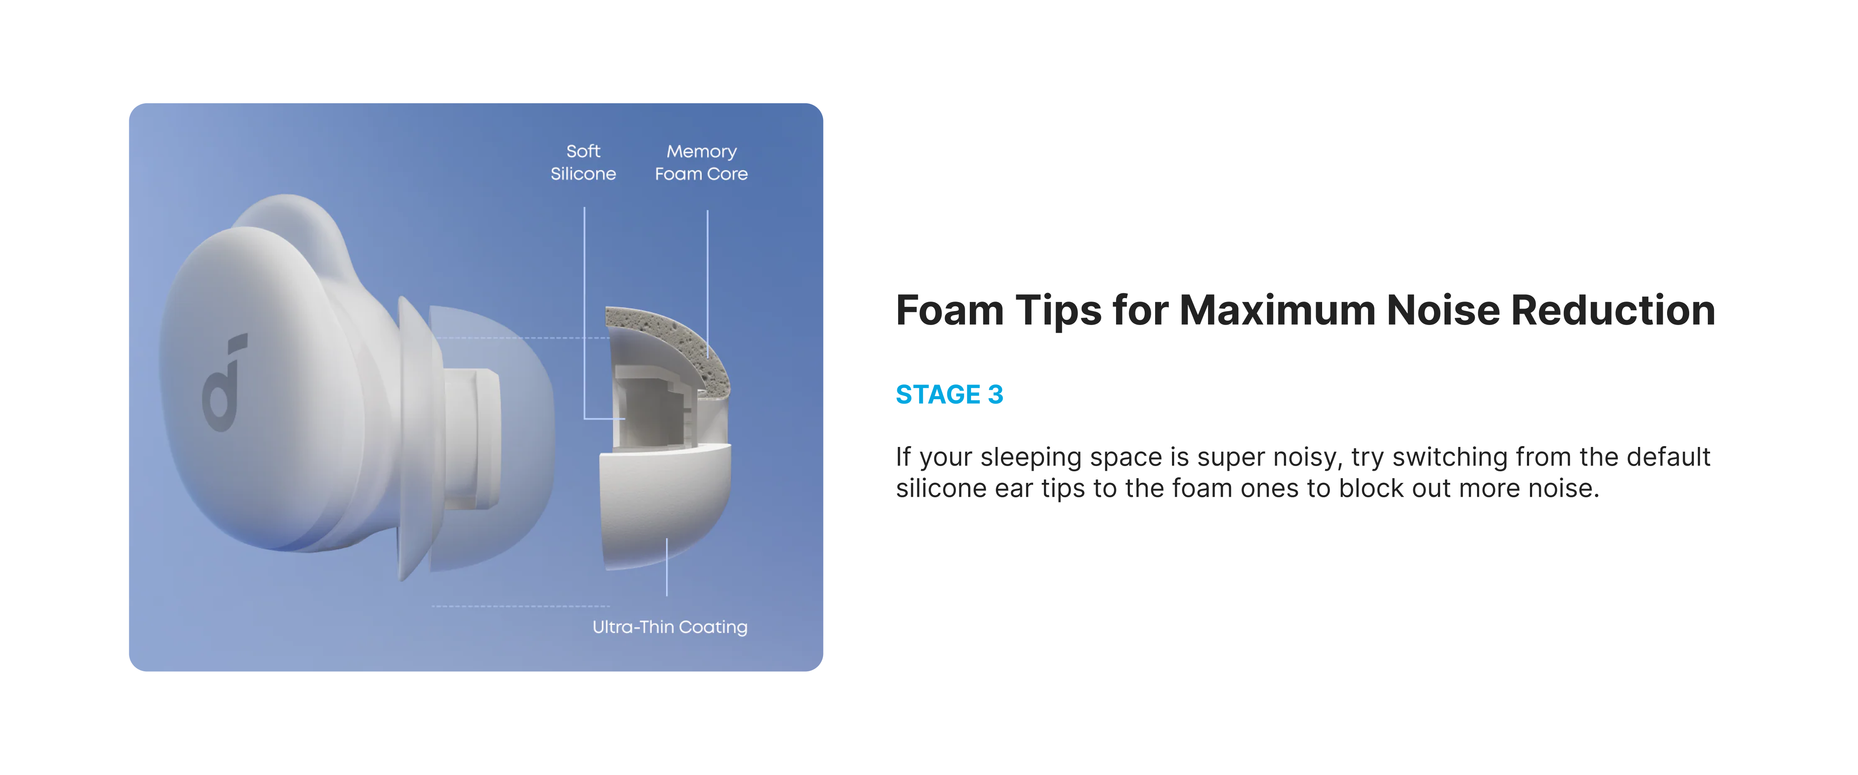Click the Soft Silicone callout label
(x=583, y=162)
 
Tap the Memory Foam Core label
(x=701, y=162)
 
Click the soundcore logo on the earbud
(x=223, y=382)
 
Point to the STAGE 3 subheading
(x=949, y=395)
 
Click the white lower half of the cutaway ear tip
(x=666, y=505)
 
